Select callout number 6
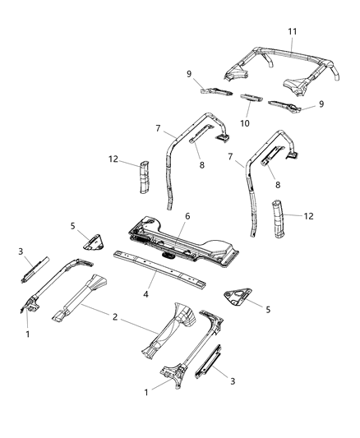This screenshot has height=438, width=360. click(x=187, y=216)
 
